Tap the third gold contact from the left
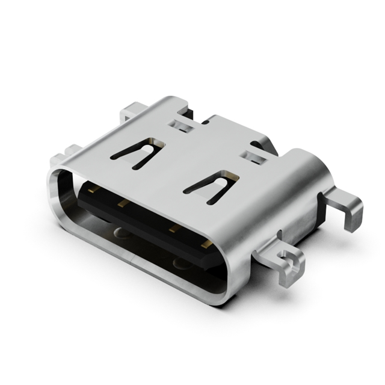pos(174,228)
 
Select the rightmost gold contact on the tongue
pos(206,244)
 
